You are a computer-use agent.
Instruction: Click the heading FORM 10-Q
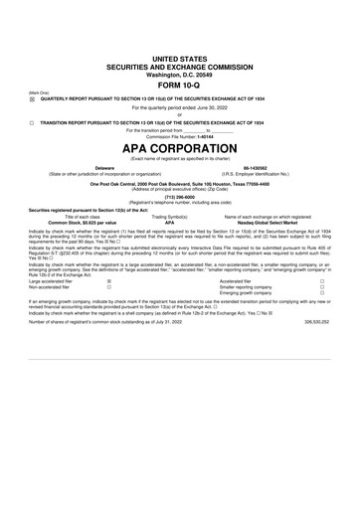click(180, 85)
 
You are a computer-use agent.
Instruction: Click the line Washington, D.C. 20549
click(180, 75)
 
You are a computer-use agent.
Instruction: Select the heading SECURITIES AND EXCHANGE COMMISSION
click(180, 67)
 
